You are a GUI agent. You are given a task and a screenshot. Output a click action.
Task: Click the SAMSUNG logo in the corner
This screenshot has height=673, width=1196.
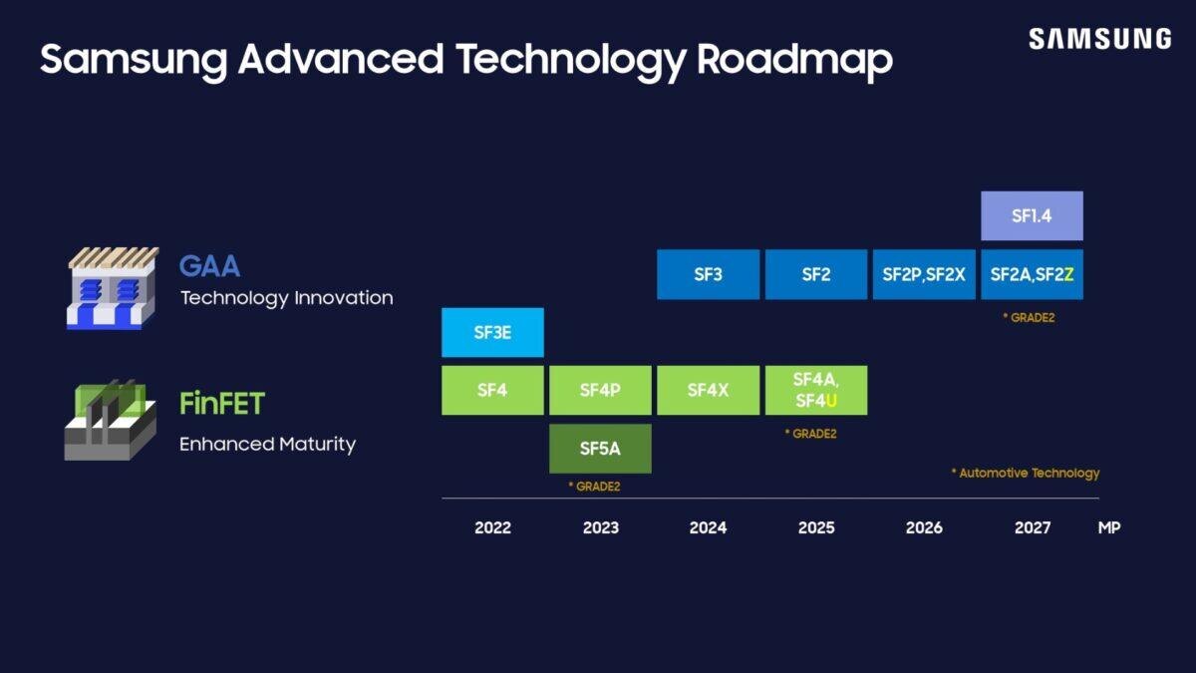click(1099, 39)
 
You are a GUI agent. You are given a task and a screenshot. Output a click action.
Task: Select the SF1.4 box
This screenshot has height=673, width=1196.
click(1032, 215)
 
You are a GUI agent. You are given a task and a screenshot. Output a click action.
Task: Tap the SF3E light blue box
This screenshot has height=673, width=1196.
click(492, 332)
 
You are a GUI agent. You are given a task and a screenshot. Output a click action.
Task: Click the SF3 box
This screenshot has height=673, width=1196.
click(708, 274)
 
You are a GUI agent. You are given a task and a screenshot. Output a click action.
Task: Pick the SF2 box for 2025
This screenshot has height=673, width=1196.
click(815, 274)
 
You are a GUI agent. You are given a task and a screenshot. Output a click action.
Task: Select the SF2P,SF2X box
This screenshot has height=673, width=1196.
click(924, 274)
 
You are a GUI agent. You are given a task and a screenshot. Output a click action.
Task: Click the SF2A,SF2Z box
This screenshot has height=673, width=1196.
click(1032, 274)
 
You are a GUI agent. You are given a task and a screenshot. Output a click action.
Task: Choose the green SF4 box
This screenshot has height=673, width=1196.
click(492, 390)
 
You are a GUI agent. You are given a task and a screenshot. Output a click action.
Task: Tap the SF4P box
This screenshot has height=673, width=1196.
click(600, 390)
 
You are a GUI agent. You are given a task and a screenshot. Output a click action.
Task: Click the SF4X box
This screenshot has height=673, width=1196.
click(708, 390)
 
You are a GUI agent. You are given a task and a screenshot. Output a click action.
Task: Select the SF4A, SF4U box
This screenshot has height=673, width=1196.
click(815, 390)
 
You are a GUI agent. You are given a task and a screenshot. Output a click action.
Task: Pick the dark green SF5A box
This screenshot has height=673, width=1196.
click(600, 449)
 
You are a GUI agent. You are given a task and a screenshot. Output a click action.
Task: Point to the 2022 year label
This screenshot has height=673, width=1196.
click(492, 527)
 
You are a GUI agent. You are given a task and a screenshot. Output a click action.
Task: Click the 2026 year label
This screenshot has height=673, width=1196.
click(924, 527)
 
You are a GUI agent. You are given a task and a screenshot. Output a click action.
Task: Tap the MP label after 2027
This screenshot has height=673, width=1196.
click(1108, 527)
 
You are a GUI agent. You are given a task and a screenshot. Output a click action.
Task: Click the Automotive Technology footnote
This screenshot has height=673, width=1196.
click(1026, 473)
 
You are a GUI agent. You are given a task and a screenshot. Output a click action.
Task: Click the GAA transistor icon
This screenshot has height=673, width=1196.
click(113, 288)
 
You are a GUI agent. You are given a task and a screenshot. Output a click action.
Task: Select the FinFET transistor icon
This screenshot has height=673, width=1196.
click(111, 420)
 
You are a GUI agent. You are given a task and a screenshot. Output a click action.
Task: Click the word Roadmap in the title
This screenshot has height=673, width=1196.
click(794, 60)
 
